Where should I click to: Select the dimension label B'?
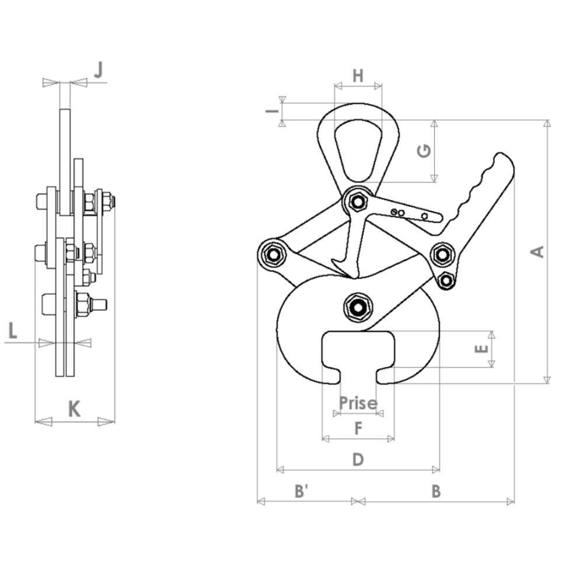click(301, 491)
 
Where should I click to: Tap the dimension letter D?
click(358, 459)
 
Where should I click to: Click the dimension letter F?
click(358, 429)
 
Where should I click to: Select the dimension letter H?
click(358, 75)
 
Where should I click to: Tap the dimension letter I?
click(269, 110)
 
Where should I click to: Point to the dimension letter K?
click(74, 409)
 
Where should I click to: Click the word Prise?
click(358, 402)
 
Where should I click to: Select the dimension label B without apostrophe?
click(435, 491)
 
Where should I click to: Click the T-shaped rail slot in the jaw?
click(358, 353)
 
